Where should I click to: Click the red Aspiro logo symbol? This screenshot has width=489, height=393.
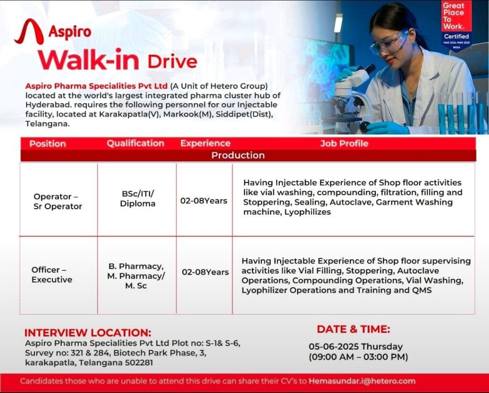(29, 32)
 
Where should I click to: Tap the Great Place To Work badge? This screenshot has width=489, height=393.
(456, 23)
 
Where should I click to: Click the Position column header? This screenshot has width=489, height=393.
(48, 143)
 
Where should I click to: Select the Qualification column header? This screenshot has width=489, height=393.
(135, 143)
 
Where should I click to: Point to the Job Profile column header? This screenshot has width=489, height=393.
(344, 143)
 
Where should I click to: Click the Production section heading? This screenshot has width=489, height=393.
(238, 155)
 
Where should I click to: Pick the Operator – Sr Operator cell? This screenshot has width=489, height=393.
(58, 202)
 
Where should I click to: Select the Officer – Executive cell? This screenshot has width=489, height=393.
(52, 275)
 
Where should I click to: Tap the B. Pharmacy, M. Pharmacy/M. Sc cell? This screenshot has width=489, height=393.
(136, 276)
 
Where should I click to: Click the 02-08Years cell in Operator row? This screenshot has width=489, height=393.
(203, 201)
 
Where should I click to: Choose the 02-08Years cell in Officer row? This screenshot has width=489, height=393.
(205, 272)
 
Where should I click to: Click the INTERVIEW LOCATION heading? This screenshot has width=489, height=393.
(88, 332)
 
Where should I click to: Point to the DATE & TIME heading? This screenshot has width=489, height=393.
(353, 329)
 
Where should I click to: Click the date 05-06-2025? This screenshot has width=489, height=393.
(332, 347)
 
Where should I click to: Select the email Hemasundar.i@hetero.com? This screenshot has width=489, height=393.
(362, 381)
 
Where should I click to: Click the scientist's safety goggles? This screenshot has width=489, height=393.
(389, 42)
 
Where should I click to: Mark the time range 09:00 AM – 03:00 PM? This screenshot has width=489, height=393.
(358, 357)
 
